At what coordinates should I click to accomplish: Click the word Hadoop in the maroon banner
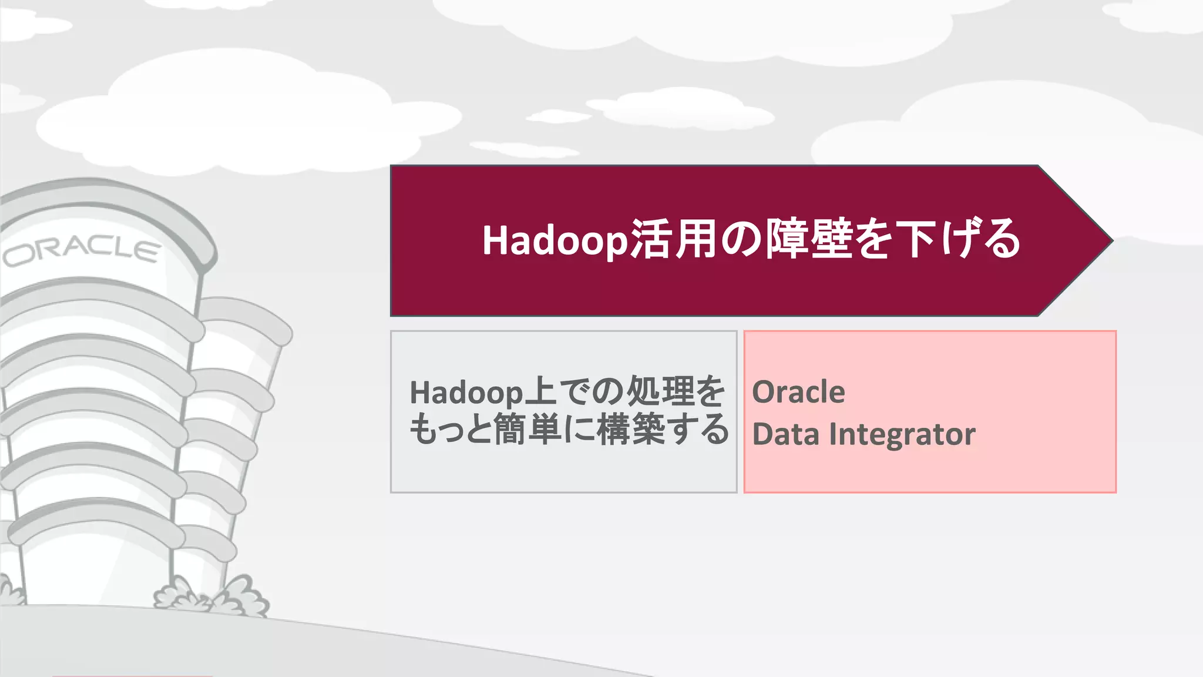[x=555, y=240]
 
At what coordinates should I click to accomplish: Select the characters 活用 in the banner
[x=674, y=239]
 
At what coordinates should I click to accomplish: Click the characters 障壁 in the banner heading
[x=809, y=239]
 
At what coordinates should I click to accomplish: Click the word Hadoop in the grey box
[x=466, y=393]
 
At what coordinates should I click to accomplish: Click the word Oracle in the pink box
[x=798, y=392]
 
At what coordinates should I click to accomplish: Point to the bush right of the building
[x=235, y=596]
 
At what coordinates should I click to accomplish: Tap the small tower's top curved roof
[x=247, y=318]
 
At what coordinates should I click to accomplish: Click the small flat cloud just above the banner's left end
[x=523, y=149]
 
